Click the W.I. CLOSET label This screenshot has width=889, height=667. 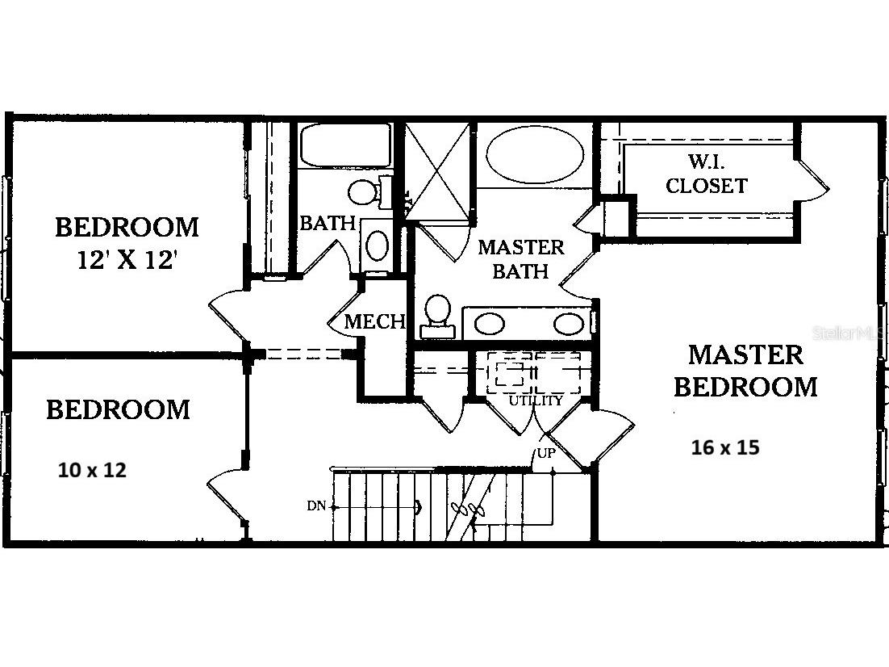click(x=706, y=174)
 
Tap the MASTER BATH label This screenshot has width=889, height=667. click(x=520, y=259)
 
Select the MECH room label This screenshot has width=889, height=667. click(x=375, y=322)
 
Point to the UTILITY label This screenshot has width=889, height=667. click(x=535, y=401)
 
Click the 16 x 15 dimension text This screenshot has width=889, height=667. click(x=725, y=447)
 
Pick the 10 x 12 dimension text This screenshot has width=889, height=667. click(x=92, y=470)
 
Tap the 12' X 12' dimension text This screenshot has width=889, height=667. click(x=127, y=261)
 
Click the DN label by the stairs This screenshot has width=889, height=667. click(x=316, y=505)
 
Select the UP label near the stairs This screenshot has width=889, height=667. click(x=546, y=453)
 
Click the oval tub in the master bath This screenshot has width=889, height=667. click(x=535, y=154)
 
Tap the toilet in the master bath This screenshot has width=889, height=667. click(x=437, y=317)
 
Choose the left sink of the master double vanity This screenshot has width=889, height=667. click(x=490, y=324)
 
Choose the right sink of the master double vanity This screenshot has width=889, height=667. click(x=568, y=324)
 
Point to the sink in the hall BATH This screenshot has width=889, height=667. click(x=377, y=245)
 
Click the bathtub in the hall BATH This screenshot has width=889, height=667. click(x=345, y=146)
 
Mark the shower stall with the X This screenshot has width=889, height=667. click(x=437, y=170)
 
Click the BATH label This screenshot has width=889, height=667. click(x=328, y=223)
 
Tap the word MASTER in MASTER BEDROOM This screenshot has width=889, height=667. click(x=745, y=354)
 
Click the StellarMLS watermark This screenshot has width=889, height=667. click(x=850, y=333)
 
